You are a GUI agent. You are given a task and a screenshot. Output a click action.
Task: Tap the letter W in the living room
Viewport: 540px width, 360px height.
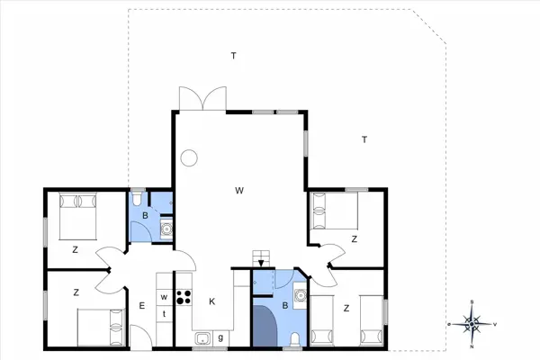239,190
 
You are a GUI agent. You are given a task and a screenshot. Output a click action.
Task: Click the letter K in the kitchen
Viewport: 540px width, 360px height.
212,301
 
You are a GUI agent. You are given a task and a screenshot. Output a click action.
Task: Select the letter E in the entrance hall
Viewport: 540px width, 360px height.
141,305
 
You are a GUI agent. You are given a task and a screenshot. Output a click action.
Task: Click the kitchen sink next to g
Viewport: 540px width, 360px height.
203,338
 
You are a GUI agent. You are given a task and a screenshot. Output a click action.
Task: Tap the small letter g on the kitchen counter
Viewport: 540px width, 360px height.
220,337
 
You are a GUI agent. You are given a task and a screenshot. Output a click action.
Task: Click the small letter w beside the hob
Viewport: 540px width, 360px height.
165,297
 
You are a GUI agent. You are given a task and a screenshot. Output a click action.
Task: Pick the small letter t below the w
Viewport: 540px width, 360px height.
165,313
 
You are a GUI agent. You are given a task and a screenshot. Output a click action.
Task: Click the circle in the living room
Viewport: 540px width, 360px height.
189,158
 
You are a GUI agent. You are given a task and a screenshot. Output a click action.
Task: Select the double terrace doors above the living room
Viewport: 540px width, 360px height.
199,97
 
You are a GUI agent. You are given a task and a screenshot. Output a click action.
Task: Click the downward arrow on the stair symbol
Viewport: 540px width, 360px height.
261,264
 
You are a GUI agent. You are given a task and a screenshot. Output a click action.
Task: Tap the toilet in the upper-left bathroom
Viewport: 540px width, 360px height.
138,198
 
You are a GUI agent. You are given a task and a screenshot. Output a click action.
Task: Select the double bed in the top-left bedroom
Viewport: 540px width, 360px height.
76,215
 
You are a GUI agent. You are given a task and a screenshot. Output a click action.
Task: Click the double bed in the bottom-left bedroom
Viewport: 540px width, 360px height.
98,327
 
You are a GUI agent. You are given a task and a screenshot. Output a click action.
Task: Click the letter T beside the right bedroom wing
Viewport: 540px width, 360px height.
364,139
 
